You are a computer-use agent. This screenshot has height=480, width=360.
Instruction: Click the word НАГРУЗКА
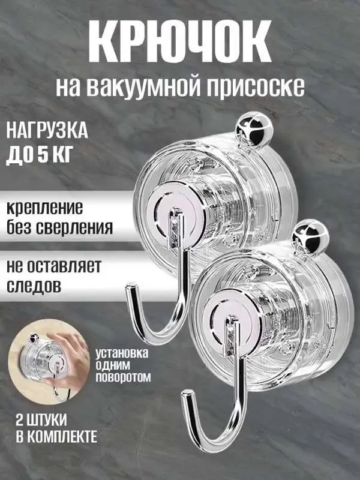click(x=47, y=130)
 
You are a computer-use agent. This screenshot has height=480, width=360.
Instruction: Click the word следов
click(x=35, y=286)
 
